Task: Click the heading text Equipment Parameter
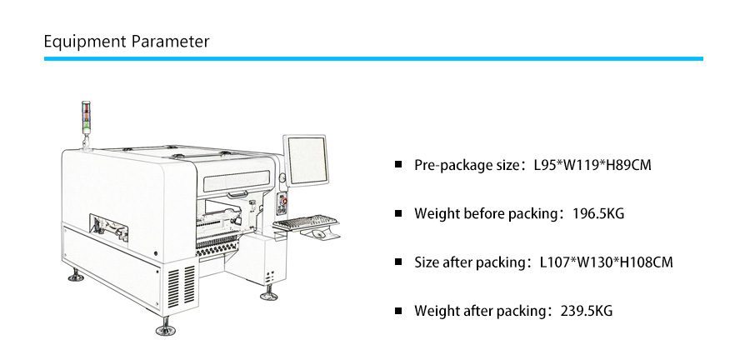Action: point(127,42)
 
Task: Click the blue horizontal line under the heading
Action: point(373,59)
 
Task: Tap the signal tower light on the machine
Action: point(86,117)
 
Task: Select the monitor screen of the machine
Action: point(307,160)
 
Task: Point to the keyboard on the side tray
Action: point(307,222)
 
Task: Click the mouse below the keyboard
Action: point(317,234)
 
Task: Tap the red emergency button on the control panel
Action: point(285,202)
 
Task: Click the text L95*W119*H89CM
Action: point(592,166)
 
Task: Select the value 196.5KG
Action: point(598,213)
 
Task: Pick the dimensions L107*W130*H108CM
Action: point(607,262)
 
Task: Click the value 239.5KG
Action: point(587,311)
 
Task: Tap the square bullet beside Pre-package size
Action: point(398,164)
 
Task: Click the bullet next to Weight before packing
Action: point(398,213)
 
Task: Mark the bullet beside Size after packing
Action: point(398,262)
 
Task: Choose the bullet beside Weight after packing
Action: point(398,310)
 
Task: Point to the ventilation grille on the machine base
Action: point(182,286)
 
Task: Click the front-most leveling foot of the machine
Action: point(166,327)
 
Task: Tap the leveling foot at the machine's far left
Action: point(76,275)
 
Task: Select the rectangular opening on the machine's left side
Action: point(108,227)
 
